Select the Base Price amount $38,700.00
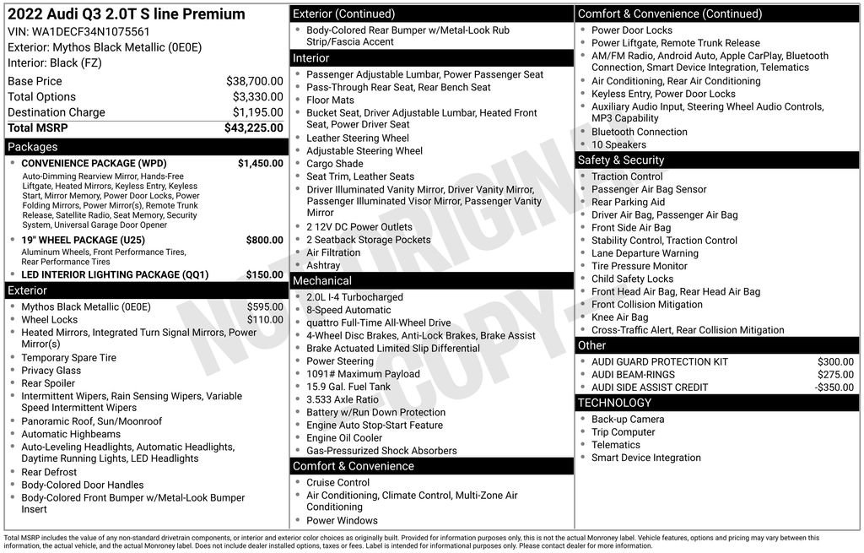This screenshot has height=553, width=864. [x=254, y=81]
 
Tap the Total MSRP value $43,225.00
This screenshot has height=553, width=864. [x=253, y=128]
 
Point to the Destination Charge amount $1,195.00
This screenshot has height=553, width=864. [x=257, y=112]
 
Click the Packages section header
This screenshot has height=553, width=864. [x=33, y=147]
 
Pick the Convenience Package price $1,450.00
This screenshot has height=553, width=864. [x=260, y=163]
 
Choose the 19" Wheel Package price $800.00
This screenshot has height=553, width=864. [x=264, y=240]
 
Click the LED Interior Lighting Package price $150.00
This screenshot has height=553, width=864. [x=264, y=274]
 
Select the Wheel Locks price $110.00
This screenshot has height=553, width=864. [x=265, y=320]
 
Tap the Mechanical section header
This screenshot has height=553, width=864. [x=322, y=280]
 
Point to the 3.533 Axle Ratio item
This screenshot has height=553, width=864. [x=343, y=399]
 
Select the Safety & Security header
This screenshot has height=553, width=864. [x=620, y=160]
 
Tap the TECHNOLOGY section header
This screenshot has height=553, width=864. [x=614, y=403]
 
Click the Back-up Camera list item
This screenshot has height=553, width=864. [x=628, y=420]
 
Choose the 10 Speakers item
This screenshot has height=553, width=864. [x=618, y=145]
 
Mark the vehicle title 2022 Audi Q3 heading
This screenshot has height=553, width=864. [x=127, y=14]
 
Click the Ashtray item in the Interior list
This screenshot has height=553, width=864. [x=323, y=265]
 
